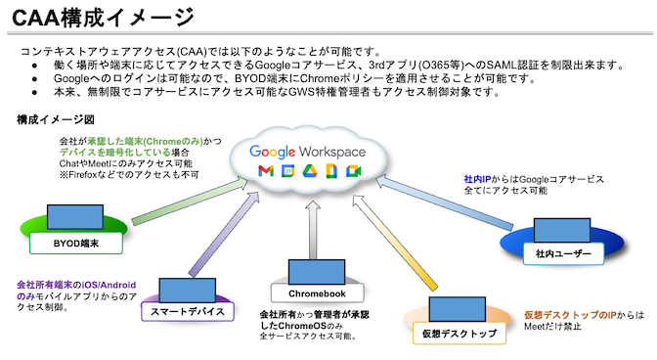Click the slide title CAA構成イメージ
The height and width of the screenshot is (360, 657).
[x=94, y=17]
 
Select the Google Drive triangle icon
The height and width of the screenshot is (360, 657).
[x=309, y=172]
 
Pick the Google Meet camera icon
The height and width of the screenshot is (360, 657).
[x=351, y=172]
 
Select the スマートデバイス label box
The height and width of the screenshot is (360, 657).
[x=189, y=311]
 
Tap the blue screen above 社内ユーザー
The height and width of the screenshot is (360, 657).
[x=571, y=232]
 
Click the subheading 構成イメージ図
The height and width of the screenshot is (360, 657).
[x=56, y=120]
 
